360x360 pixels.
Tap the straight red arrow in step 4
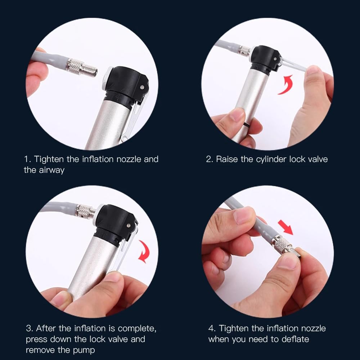(285, 227)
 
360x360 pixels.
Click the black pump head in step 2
(266, 59)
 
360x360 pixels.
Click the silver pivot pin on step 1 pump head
(142, 87)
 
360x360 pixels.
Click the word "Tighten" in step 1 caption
(49, 159)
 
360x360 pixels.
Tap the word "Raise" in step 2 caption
(227, 159)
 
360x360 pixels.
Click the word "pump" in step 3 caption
(84, 351)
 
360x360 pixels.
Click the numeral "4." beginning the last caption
(212, 328)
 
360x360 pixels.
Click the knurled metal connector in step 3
(84, 211)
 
